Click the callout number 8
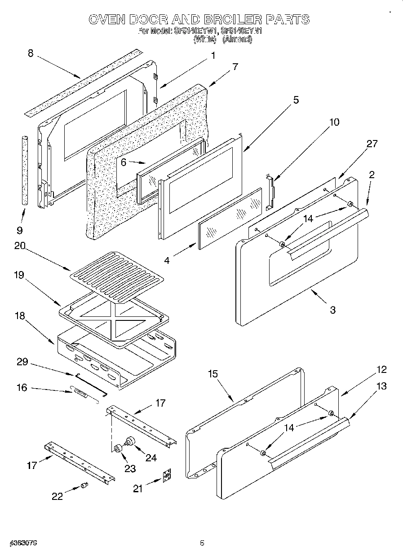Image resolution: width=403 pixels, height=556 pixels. click(x=30, y=53)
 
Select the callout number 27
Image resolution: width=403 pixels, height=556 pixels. click(x=372, y=144)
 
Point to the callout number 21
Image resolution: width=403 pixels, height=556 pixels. click(x=137, y=489)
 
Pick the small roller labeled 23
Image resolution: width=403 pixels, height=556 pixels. click(x=119, y=449)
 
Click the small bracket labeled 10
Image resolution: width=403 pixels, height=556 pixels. click(x=270, y=193)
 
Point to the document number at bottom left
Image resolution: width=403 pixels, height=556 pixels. click(x=22, y=543)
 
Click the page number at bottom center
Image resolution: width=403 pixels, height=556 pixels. click(x=202, y=543)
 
